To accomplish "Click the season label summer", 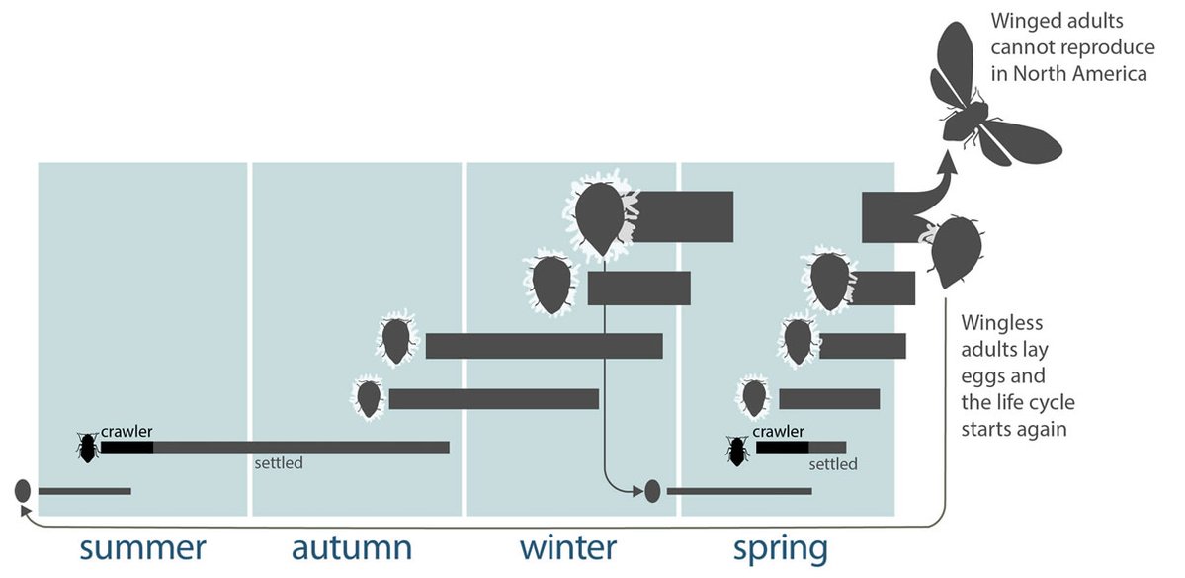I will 142,547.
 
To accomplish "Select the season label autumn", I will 352,547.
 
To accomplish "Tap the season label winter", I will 567,547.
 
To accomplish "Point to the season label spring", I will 780,547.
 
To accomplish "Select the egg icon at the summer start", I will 22,490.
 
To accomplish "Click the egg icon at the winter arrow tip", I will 651,490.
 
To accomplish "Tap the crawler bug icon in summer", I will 88,448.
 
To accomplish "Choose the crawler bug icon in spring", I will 736,452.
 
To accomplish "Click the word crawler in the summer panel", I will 127,432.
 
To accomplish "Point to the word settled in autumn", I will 279,462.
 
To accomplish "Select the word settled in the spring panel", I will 833,463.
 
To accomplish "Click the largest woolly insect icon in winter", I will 599,217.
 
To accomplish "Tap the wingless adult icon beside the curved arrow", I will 955,252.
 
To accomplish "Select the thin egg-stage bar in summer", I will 84,490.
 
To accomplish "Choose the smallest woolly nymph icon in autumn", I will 369,398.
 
